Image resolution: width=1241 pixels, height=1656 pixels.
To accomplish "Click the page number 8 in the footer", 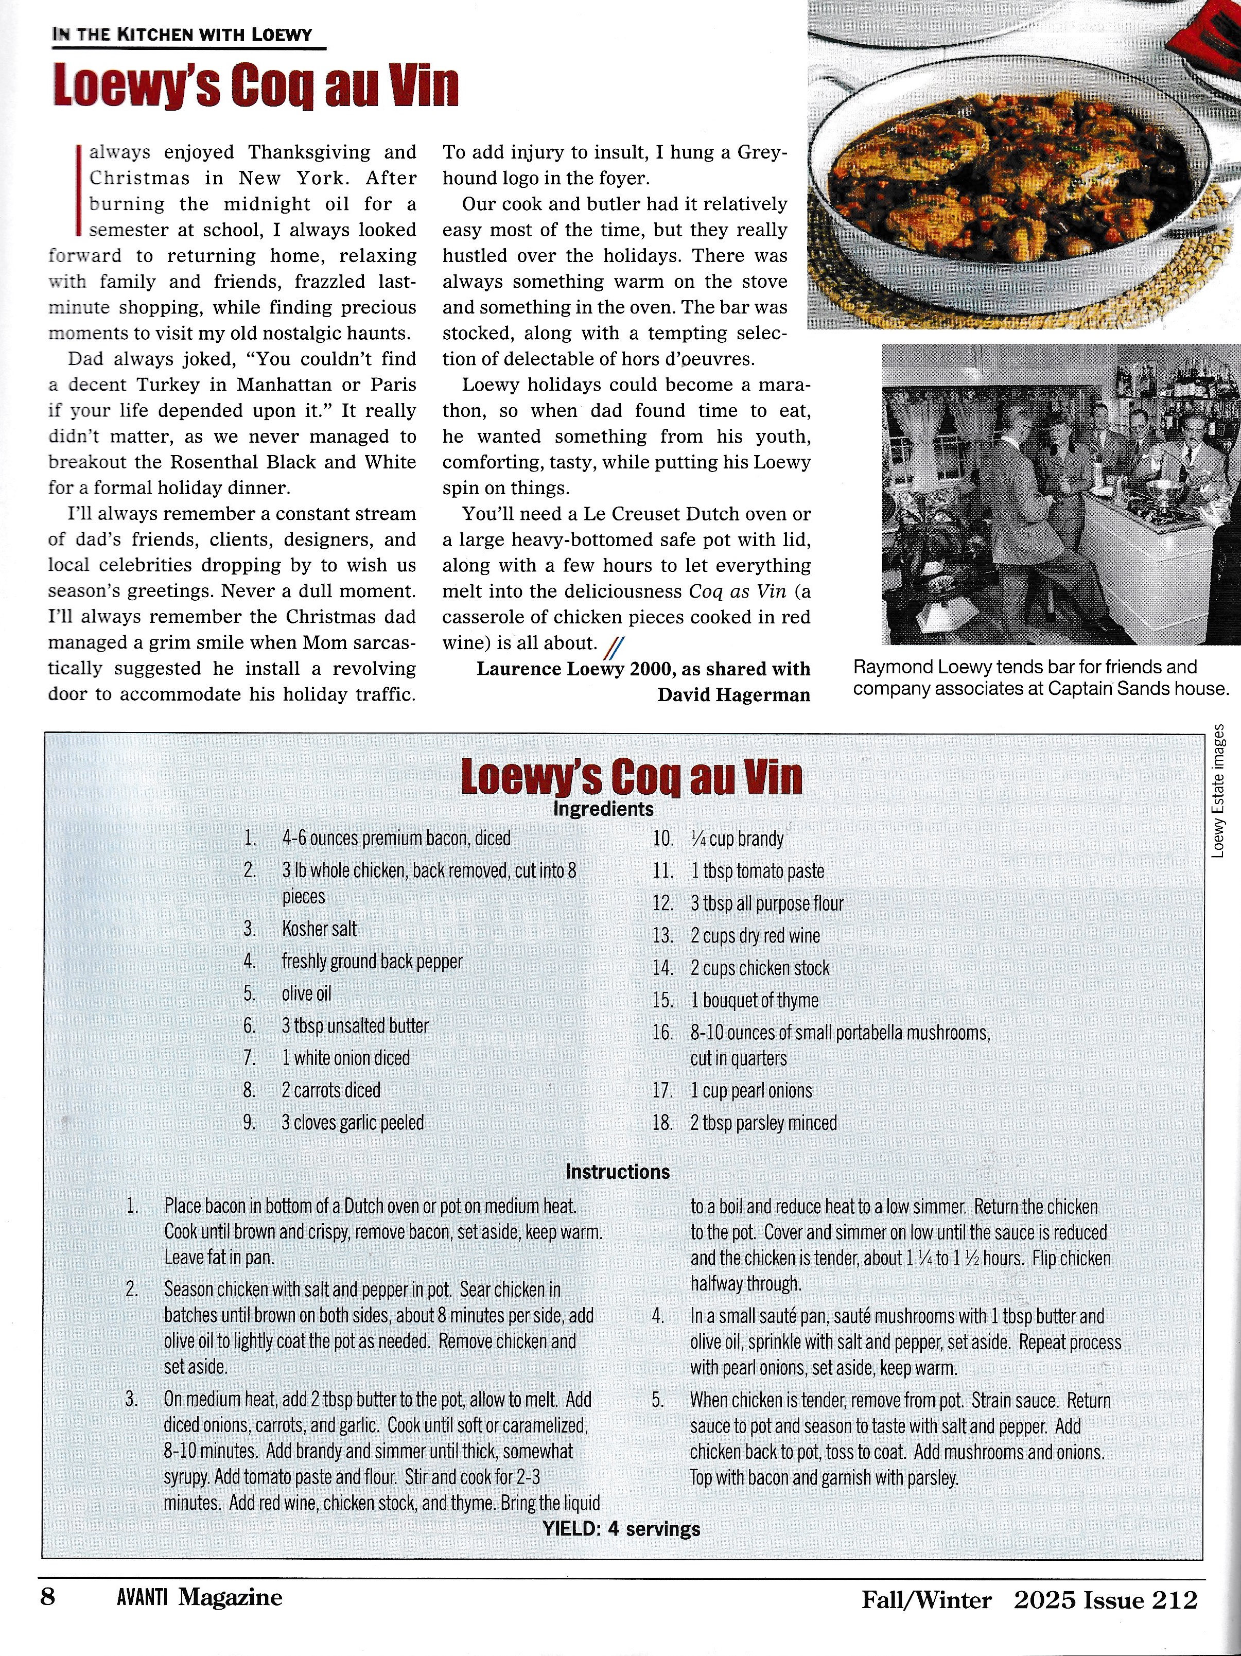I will (48, 1598).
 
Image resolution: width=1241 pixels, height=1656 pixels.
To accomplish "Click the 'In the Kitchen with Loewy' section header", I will (182, 34).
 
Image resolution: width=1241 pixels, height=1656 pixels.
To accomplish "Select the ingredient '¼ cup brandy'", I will (737, 839).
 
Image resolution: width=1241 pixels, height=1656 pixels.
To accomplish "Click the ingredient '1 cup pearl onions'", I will (751, 1091).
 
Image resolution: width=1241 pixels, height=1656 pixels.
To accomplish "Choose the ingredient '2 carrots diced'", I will (331, 1090).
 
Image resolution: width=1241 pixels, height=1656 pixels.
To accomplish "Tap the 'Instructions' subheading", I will (618, 1172).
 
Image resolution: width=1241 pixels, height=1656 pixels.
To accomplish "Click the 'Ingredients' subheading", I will (603, 809).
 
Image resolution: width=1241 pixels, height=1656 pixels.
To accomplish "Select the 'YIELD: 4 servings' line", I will (621, 1529).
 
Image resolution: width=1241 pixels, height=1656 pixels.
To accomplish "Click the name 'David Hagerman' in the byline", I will (733, 695).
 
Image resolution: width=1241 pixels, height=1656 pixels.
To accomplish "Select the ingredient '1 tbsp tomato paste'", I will (757, 871).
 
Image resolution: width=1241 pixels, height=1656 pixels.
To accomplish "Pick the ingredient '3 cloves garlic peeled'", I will (353, 1123).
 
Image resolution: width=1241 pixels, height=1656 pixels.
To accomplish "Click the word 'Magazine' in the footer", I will (231, 1598).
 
